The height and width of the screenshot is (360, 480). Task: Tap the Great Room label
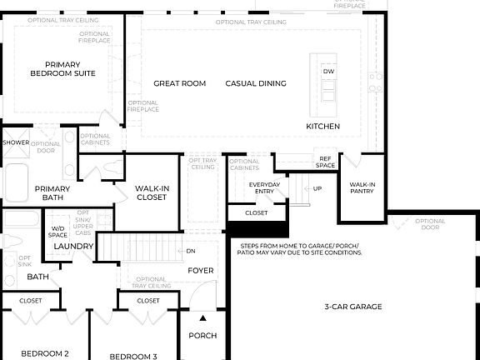(179, 83)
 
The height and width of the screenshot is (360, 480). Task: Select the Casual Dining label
(256, 83)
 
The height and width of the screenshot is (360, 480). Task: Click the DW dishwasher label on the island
(328, 72)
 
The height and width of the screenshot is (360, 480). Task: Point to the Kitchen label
(322, 127)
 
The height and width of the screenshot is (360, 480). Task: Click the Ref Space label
(325, 162)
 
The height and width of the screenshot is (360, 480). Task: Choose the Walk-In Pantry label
(362, 187)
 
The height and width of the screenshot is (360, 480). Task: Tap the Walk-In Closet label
(152, 193)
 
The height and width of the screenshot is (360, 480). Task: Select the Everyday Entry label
(258, 188)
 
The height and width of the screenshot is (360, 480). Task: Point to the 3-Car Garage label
(353, 307)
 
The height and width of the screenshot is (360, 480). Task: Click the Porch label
(202, 336)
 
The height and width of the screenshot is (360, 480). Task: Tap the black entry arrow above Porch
(202, 317)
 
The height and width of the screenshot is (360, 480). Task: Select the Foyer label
(200, 271)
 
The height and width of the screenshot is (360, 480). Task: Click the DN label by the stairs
(191, 251)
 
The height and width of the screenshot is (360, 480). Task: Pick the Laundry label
(72, 247)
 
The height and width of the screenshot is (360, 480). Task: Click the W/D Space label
(58, 231)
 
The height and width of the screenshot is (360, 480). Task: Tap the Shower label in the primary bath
(16, 142)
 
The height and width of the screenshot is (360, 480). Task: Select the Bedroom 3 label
(133, 356)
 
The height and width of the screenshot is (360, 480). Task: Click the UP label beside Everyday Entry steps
(317, 188)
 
